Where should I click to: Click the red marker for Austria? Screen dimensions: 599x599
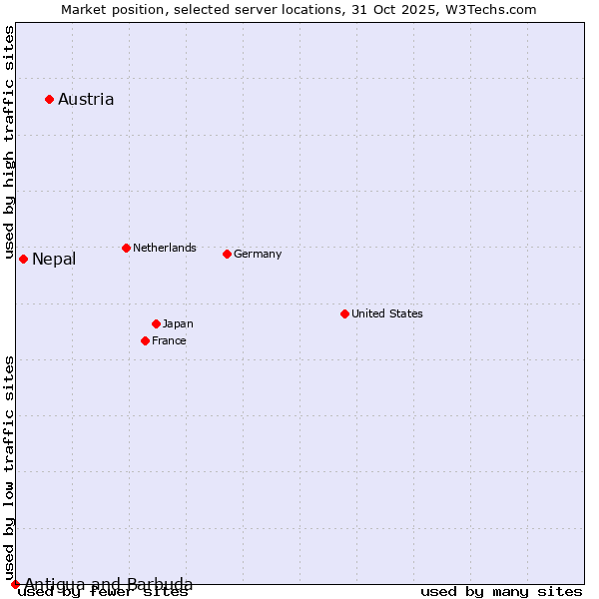(49, 99)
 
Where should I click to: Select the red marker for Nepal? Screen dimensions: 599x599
(23, 259)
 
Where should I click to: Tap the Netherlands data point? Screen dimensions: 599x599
(126, 248)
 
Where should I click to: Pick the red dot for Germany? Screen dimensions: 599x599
(227, 254)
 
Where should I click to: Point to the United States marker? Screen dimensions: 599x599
(344, 313)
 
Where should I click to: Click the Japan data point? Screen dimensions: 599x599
(156, 323)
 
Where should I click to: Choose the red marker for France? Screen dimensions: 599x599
(145, 340)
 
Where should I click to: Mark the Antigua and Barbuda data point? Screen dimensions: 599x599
(15, 584)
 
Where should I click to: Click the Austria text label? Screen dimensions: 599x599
(86, 99)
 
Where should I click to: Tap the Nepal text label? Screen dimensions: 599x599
(54, 260)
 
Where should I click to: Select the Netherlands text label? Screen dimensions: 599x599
(165, 248)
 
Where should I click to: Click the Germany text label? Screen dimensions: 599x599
(258, 254)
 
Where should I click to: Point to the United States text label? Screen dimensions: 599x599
(387, 313)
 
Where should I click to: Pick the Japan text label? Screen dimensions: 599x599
(178, 323)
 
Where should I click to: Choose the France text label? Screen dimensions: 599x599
(169, 340)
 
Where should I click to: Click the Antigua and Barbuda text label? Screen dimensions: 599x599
(109, 584)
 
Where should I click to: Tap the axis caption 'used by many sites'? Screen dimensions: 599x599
(501, 592)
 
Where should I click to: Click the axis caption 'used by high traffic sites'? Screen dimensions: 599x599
(9, 143)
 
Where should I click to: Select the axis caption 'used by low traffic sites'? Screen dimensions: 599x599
(9, 467)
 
